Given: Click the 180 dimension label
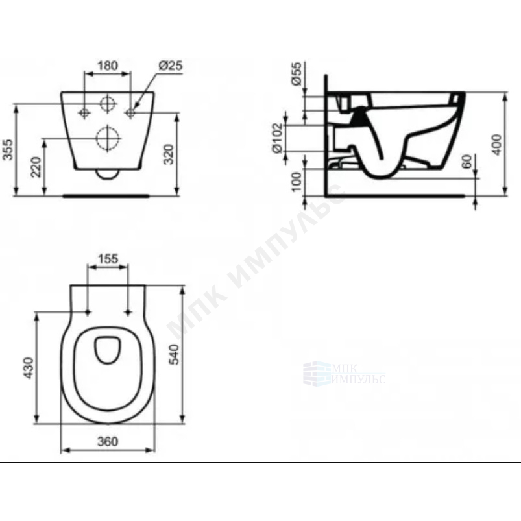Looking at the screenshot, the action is pyautogui.click(x=108, y=66).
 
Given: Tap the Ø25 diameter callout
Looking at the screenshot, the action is pyautogui.click(x=171, y=66).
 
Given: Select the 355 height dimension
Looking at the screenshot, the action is pyautogui.click(x=7, y=149).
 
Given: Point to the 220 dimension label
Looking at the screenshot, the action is pyautogui.click(x=36, y=167).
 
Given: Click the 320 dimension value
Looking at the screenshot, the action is pyautogui.click(x=169, y=154).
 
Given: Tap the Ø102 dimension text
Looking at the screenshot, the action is pyautogui.click(x=277, y=138).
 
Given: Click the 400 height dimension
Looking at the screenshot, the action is pyautogui.click(x=497, y=145).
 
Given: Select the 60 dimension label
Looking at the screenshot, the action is pyautogui.click(x=467, y=162).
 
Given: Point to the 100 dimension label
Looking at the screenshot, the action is pyautogui.click(x=296, y=182).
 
